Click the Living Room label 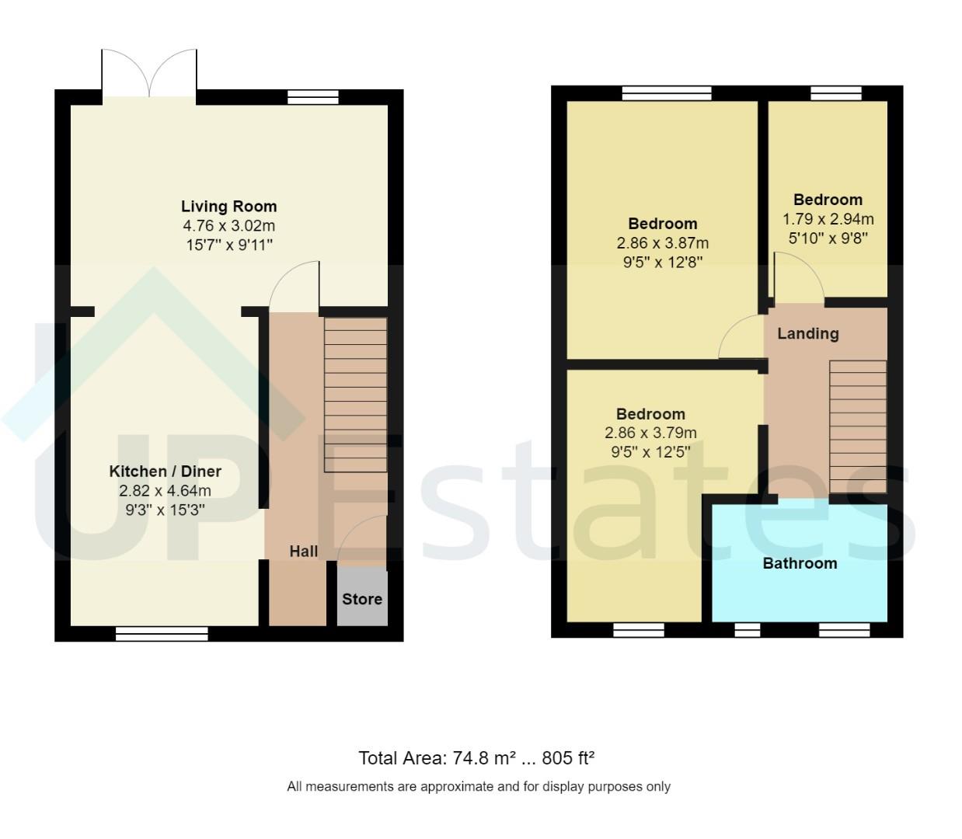(228, 207)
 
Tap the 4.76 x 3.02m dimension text (228, 226)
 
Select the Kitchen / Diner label (165, 472)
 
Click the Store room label (362, 599)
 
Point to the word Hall (303, 552)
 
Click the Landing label (807, 334)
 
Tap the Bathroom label (800, 564)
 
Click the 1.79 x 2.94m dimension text (828, 219)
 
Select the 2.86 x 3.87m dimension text (662, 243)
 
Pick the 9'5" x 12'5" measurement (650, 452)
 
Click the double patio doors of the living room (149, 74)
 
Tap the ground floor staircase (355, 394)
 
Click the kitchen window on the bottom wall (162, 635)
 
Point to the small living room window (313, 97)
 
